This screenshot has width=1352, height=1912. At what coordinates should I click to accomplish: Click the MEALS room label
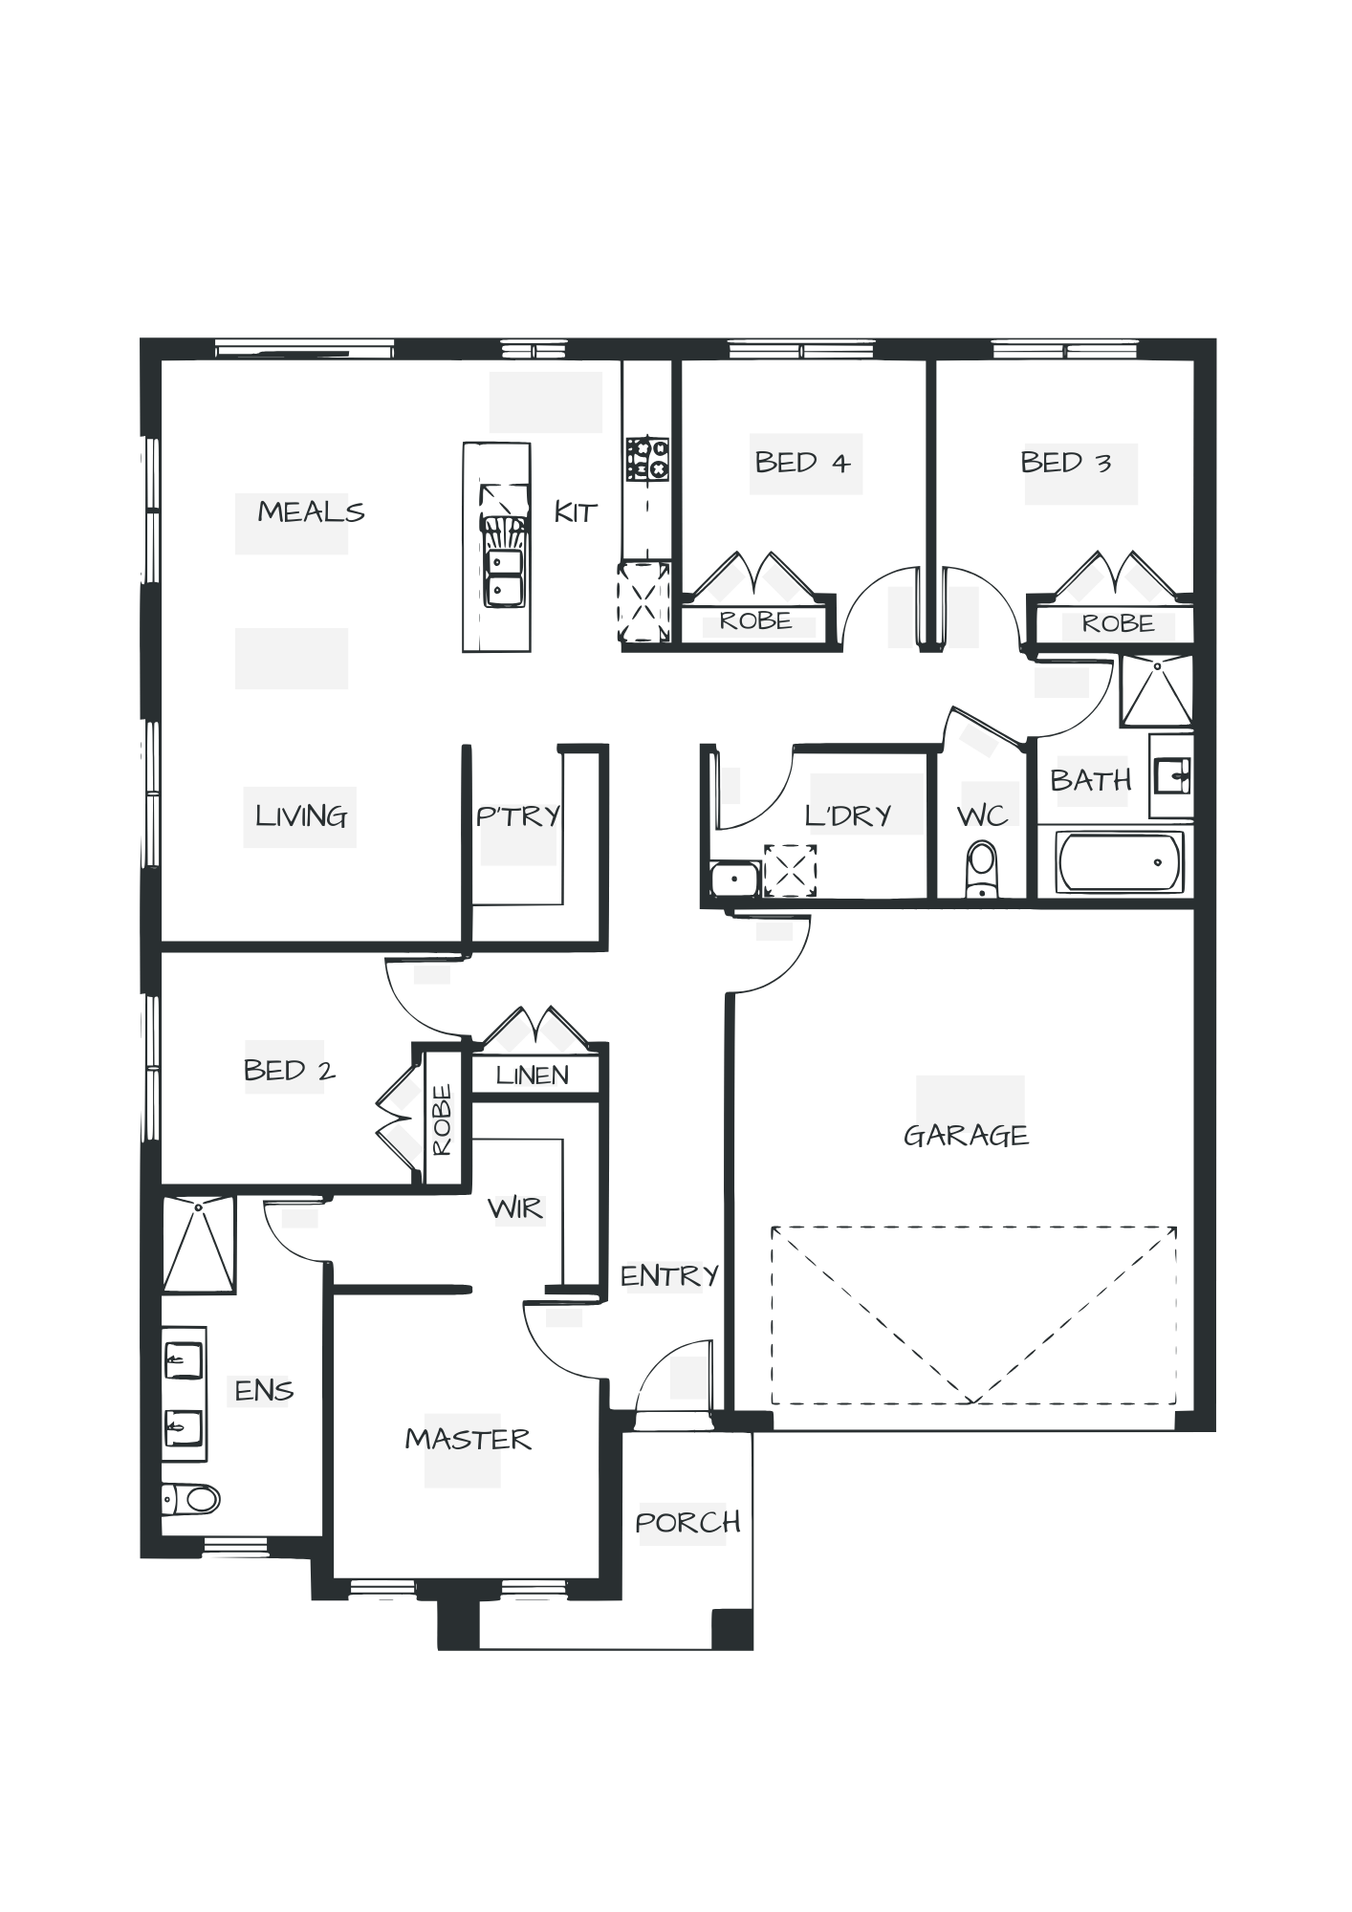310,512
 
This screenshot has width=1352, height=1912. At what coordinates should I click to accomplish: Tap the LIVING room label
300,816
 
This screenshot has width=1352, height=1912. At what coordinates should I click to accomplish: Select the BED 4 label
802,464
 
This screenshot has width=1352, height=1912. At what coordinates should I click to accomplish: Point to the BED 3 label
1067,464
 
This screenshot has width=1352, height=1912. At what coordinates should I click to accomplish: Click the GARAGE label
966,1136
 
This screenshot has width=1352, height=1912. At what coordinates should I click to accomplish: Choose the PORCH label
688,1522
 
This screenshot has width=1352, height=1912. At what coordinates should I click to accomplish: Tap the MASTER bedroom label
468,1440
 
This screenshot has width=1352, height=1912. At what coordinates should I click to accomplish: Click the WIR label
517,1209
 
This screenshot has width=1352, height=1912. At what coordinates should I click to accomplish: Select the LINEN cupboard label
533,1075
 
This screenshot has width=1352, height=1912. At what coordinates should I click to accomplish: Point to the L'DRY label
849,815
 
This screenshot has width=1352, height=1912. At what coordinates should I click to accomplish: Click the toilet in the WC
981,868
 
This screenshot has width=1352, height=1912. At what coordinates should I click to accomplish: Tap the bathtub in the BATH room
1121,860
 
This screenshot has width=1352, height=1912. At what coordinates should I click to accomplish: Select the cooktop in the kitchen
646,458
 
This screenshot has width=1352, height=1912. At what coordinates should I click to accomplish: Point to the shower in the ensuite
198,1244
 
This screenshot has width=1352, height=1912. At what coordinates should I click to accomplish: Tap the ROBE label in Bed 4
755,621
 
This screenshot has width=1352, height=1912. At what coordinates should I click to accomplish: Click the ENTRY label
670,1275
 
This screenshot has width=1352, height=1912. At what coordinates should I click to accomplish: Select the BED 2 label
290,1070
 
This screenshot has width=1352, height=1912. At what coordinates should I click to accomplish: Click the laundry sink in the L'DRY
734,877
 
